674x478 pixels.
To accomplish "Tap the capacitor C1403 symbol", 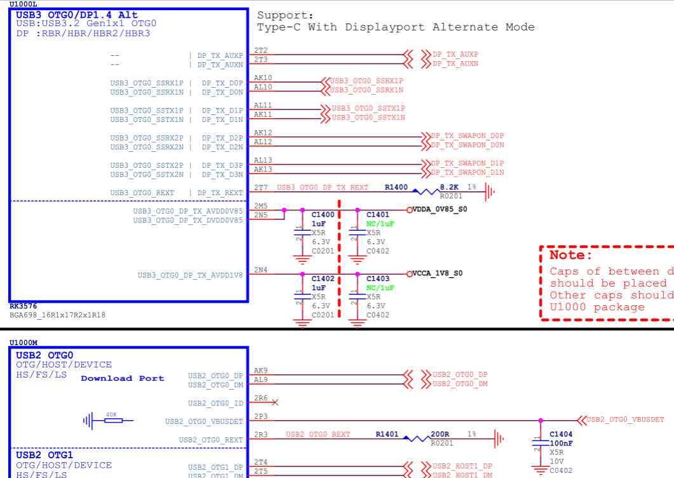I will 355,297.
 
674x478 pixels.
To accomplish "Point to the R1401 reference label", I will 387,434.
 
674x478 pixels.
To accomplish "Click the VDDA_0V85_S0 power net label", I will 440,209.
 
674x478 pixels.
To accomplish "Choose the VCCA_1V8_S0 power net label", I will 438,273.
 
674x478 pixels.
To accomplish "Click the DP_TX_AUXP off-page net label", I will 455,55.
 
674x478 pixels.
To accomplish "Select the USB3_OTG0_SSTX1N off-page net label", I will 368,118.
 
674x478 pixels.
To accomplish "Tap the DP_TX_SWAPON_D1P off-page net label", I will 467,163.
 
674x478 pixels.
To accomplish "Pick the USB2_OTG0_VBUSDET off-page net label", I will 625,420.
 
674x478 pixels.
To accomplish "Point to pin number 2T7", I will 260,188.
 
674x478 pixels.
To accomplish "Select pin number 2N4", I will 260,270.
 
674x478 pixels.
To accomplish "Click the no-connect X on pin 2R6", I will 274,402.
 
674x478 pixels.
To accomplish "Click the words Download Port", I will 122,378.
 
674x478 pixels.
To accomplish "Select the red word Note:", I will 571,255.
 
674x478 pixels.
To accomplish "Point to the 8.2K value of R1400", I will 449,188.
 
